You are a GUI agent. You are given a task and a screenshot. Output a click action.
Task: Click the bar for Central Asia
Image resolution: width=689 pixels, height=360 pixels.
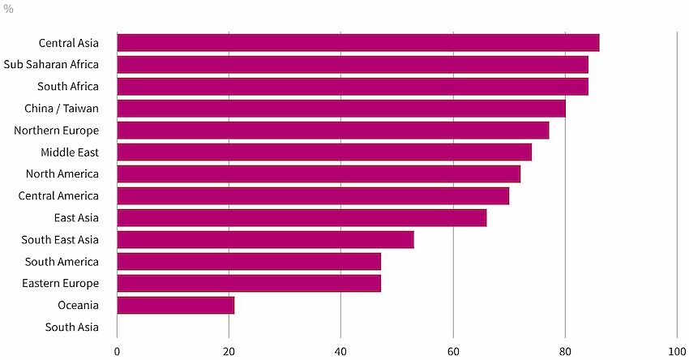point(358,43)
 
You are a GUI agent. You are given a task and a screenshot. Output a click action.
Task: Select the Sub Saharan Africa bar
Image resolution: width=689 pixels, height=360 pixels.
point(353,65)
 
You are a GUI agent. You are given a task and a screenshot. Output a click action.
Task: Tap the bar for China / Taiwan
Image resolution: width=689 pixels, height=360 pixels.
point(341,109)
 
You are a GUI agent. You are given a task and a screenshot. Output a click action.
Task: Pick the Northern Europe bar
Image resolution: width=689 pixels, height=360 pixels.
point(333,131)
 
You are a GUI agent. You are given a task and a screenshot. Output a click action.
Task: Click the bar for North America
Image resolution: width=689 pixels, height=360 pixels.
point(319,174)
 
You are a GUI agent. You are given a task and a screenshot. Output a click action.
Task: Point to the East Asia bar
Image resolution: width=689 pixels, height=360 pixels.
point(302,218)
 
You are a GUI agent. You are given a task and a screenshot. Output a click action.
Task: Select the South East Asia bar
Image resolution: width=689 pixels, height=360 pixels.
point(265,240)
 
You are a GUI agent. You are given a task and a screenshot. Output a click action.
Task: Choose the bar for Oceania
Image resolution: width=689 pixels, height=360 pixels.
point(176,306)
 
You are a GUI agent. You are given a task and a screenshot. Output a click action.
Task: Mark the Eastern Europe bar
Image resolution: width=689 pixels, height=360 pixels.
point(249,284)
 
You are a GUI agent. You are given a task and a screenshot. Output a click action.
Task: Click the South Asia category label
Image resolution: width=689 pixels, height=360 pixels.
point(71,327)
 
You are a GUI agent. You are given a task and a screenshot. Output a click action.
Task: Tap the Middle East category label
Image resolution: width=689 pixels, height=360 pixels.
point(70,152)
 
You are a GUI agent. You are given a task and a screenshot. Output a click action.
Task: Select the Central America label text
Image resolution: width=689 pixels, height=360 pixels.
point(58,196)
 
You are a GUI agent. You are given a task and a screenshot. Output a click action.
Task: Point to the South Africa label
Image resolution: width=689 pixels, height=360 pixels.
point(67,87)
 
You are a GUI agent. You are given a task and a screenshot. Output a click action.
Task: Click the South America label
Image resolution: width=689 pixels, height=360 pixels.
point(62,262)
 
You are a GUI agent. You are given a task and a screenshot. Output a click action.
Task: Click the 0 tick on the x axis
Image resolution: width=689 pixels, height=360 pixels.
point(117,352)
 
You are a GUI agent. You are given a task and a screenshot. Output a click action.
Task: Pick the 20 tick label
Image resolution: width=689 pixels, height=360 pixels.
point(229,352)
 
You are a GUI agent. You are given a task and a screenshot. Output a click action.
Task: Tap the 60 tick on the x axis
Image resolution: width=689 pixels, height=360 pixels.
point(453,352)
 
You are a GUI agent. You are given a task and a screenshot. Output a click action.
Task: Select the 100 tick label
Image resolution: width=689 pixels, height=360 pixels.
point(677,352)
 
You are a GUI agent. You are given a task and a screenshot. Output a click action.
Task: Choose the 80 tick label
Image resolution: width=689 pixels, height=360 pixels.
point(565,352)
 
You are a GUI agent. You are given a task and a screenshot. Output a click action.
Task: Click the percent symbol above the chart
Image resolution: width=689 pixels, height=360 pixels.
point(8,9)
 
